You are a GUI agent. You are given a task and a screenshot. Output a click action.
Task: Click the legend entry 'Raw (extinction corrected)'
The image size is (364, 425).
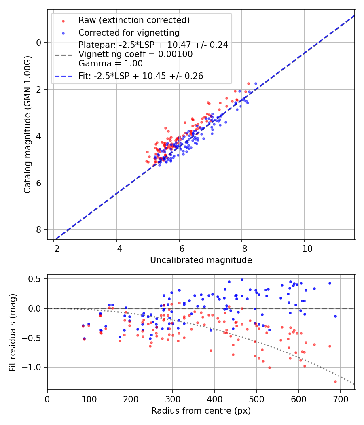[134, 20]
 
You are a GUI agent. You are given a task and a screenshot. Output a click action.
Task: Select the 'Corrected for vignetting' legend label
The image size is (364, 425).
[129, 32]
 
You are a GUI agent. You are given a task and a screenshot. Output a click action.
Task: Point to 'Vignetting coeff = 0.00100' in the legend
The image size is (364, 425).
[135, 54]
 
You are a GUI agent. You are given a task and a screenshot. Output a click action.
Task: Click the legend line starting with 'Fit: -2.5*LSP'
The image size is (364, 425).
[141, 76]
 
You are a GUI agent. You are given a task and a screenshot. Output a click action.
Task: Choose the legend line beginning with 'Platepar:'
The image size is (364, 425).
[153, 45]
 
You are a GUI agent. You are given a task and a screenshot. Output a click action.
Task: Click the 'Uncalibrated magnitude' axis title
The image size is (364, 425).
[201, 260]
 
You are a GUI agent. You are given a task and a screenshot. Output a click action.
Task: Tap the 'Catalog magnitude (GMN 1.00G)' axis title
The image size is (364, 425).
[27, 124]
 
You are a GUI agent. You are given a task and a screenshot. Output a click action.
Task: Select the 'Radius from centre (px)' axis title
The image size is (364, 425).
[201, 411]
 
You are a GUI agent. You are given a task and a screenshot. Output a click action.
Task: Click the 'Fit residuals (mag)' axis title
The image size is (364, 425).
[13, 333]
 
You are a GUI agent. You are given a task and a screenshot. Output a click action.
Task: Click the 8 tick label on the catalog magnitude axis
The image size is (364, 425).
[39, 230]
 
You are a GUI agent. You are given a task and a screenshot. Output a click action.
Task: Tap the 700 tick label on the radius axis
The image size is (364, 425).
[340, 399]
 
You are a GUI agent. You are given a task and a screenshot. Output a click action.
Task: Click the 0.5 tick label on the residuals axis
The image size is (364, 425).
[36, 279]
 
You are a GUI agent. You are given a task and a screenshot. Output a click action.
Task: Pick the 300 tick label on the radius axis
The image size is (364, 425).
[173, 399]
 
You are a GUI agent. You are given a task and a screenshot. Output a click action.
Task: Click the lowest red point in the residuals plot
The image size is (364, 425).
[335, 382]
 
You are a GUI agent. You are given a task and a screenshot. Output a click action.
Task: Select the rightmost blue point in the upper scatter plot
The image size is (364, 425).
[256, 83]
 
